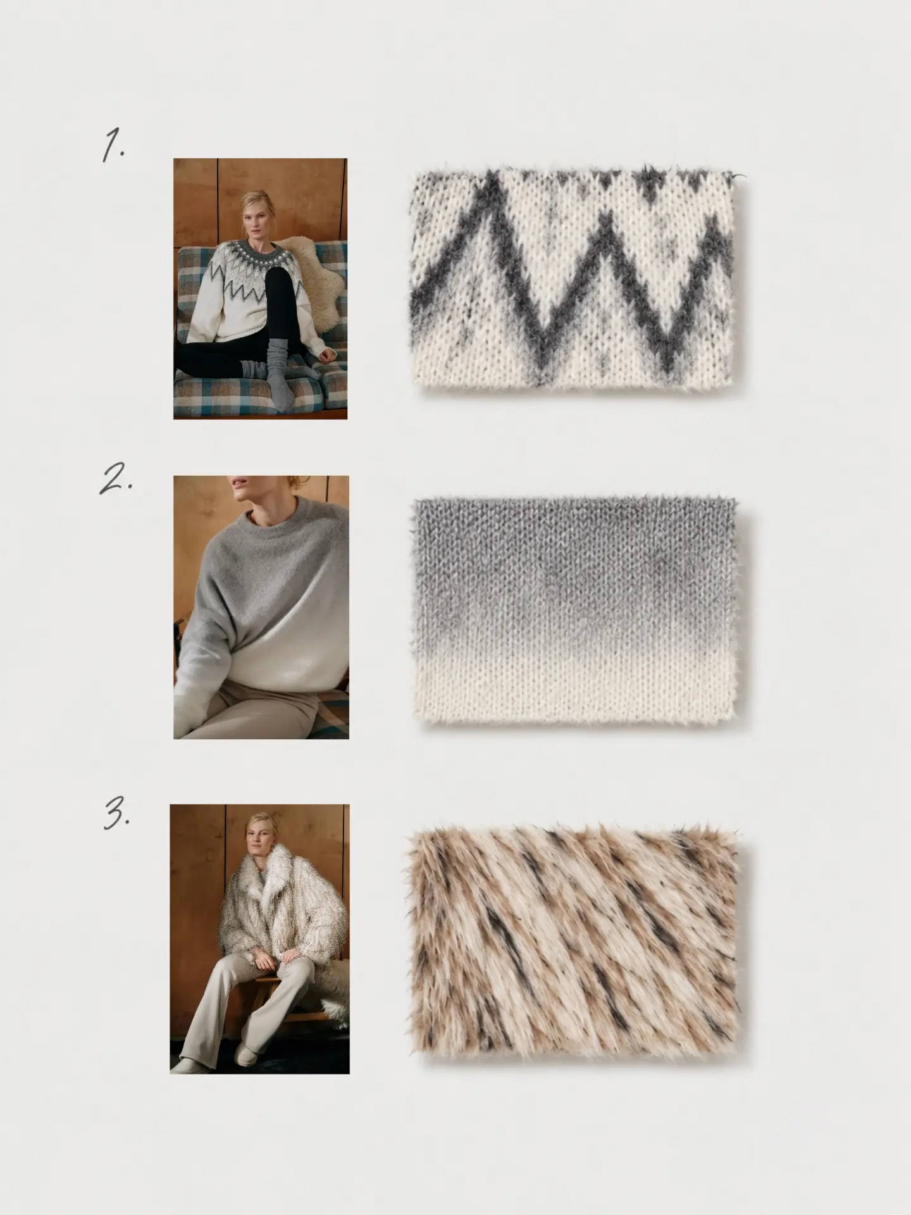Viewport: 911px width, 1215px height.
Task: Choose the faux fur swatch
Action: pos(573,943)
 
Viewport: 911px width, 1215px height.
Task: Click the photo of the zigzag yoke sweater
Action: pos(260,289)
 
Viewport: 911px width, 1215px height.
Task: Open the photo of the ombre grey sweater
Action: pos(261,607)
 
